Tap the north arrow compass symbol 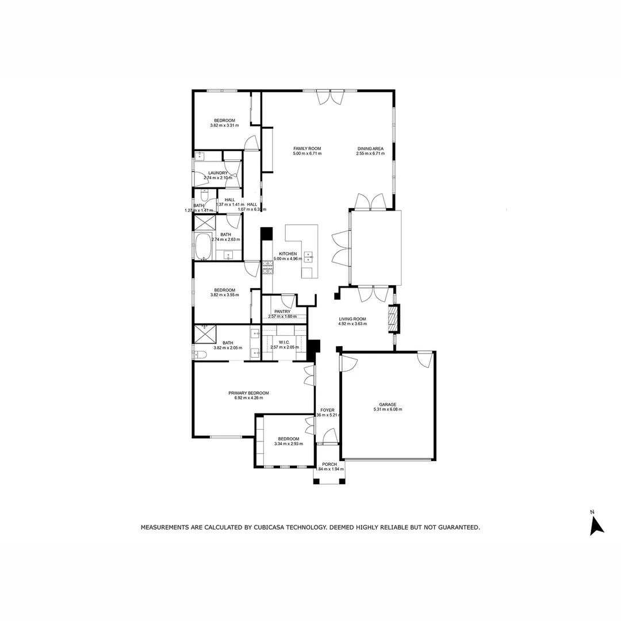(x=596, y=524)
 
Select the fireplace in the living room (x=393, y=319)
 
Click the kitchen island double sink (x=309, y=256)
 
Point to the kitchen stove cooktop (x=267, y=267)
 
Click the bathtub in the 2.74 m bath (x=204, y=247)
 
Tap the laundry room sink (x=200, y=156)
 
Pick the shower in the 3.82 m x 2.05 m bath (x=204, y=333)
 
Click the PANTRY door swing (x=287, y=300)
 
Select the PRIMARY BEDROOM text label (x=248, y=393)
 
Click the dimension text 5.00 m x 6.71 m (x=307, y=154)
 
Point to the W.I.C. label (x=283, y=342)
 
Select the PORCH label (x=329, y=464)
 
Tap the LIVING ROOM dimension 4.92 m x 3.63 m (x=352, y=324)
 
